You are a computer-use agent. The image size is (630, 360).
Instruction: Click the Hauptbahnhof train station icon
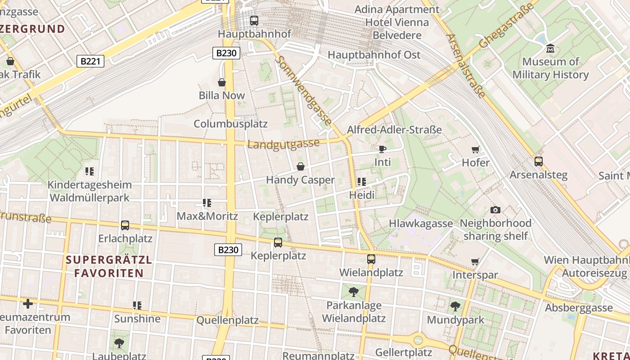254,20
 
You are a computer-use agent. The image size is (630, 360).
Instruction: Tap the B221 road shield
90,61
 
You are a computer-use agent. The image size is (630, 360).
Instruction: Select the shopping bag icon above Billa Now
222,82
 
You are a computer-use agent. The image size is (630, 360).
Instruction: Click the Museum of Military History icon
550,48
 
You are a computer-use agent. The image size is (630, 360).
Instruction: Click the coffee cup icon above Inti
382,149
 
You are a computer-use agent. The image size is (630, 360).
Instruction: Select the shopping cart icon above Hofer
475,149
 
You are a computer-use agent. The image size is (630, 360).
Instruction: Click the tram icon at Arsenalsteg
538,162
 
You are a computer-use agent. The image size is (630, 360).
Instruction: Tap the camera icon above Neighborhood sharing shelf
495,210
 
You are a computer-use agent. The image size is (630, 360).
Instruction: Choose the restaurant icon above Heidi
362,182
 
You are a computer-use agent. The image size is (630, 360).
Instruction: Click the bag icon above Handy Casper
300,167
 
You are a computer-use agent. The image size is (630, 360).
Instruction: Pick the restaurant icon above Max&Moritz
207,203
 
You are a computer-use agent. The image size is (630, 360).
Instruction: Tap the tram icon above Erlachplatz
125,225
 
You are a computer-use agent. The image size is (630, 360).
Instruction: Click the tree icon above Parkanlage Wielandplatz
354,292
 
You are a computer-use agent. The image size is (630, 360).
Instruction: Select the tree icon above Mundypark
455,306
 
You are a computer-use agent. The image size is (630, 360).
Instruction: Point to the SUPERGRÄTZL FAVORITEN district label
109,266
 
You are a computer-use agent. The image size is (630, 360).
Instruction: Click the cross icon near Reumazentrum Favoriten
28,304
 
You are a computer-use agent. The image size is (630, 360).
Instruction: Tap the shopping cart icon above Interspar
475,262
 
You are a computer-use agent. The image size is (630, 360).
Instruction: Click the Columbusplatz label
230,124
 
